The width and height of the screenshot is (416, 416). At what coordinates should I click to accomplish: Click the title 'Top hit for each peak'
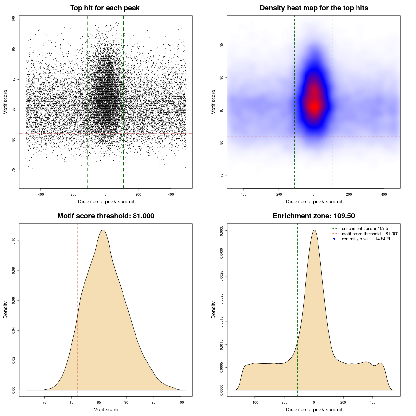coord(105,8)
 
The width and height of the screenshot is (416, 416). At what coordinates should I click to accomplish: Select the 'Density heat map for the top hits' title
coord(314,8)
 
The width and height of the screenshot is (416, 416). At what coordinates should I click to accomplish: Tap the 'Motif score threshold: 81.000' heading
coord(106,216)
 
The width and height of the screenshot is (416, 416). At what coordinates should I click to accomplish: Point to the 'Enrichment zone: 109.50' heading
coord(314,216)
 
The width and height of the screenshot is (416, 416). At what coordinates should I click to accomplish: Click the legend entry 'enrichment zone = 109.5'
coord(365,229)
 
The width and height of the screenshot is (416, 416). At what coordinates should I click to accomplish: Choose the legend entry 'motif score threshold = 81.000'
coord(370,234)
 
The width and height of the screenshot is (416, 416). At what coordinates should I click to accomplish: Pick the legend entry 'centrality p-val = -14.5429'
coord(366,239)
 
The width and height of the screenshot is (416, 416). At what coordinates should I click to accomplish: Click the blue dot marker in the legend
coord(334,239)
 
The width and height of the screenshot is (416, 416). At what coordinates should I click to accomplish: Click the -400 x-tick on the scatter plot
coord(41,194)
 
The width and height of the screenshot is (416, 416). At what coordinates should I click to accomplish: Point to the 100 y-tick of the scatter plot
coord(13,19)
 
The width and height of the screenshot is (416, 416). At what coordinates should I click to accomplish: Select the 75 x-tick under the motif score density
coord(45,402)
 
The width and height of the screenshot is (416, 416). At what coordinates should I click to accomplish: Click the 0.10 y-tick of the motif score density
coord(13,241)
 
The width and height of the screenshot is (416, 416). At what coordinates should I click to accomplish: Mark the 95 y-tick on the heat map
coord(221,45)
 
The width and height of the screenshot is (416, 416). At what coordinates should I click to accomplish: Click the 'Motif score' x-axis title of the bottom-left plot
coord(106,409)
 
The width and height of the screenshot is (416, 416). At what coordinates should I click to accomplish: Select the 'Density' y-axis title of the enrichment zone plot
coord(214,310)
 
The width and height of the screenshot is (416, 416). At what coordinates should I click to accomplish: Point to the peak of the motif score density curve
coord(103,230)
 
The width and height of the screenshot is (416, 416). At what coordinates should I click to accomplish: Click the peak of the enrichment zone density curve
coord(314,230)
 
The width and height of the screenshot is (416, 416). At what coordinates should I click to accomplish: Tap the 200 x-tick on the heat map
coord(349,194)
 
